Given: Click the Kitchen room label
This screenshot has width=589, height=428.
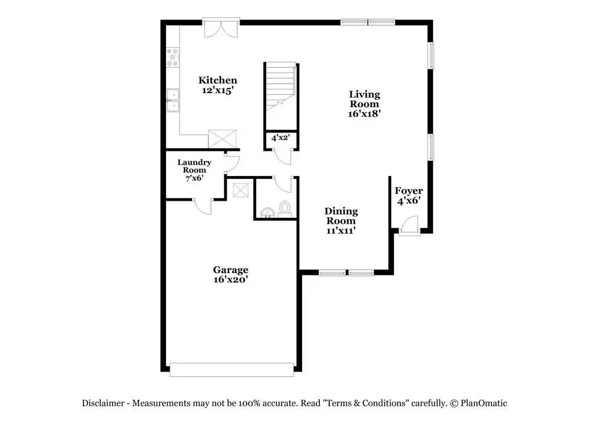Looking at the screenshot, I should [217, 81].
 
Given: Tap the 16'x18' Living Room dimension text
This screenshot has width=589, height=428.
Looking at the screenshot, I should [365, 114].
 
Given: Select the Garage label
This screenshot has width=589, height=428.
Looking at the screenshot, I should [230, 270].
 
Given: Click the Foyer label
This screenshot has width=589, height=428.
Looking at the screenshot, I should [408, 191].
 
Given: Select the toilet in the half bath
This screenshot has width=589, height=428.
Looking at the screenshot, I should [285, 208].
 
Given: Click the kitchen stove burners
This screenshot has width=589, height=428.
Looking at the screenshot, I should [173, 57].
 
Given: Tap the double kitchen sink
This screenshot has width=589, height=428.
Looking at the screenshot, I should [173, 100].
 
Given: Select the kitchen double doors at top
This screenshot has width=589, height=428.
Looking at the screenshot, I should [221, 28].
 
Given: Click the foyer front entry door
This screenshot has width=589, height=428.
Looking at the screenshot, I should [408, 226].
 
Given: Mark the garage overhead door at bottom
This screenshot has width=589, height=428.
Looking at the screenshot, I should [231, 370].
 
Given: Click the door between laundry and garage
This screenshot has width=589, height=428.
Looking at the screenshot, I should [204, 205].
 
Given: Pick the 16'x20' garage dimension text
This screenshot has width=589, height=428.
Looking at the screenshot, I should [230, 280].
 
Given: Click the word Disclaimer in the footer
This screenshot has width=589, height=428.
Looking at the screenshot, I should [103, 403].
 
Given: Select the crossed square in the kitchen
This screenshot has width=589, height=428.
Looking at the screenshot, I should [223, 140].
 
